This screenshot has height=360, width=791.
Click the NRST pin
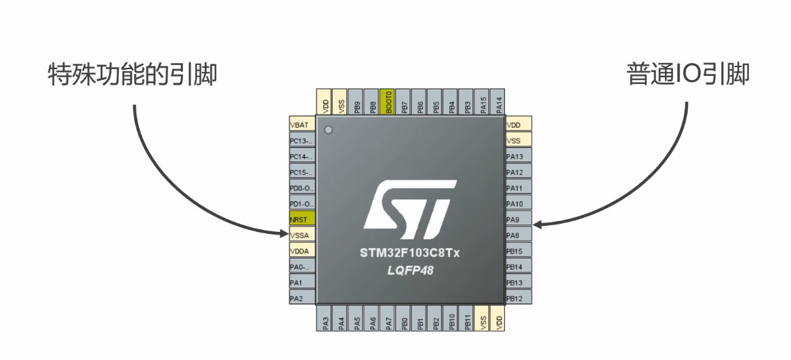pos(302,220)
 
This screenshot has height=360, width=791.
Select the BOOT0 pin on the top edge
pos(388,101)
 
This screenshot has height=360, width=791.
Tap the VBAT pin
pos(302,125)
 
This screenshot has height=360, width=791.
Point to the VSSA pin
pos(302,235)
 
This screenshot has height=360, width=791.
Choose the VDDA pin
pos(302,250)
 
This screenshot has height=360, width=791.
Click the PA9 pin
pos(519,220)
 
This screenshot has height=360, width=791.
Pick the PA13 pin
pos(519,157)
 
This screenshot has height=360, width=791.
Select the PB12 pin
pos(519,298)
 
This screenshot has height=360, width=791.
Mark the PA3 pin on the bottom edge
pos(325,319)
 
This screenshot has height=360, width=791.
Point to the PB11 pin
pos(467,319)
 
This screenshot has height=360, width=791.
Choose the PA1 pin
pos(302,282)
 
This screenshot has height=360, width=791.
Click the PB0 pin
pos(404,319)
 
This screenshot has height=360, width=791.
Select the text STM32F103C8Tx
pos(410,254)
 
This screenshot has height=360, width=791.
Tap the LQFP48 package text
pos(410,271)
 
